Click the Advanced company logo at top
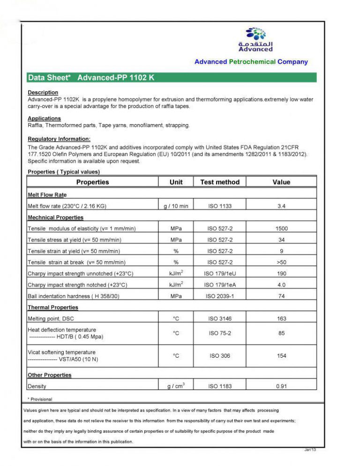255,39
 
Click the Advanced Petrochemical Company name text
251,62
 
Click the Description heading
43,92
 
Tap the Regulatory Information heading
59,139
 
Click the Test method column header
219,182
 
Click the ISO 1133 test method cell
219,206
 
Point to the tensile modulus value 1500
281,229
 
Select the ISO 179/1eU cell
219,273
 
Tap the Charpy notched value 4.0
281,285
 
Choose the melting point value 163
281,319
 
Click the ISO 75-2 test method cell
219,333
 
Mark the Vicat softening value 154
281,356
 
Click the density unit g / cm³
176,386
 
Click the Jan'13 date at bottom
310,450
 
